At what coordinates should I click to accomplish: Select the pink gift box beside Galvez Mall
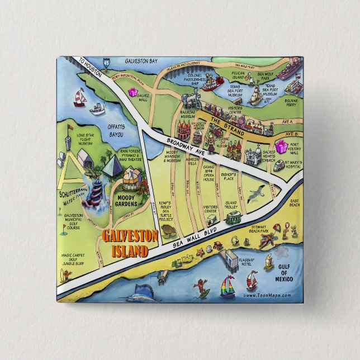(x=133, y=91)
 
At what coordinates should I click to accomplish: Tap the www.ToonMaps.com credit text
(x=267, y=295)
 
